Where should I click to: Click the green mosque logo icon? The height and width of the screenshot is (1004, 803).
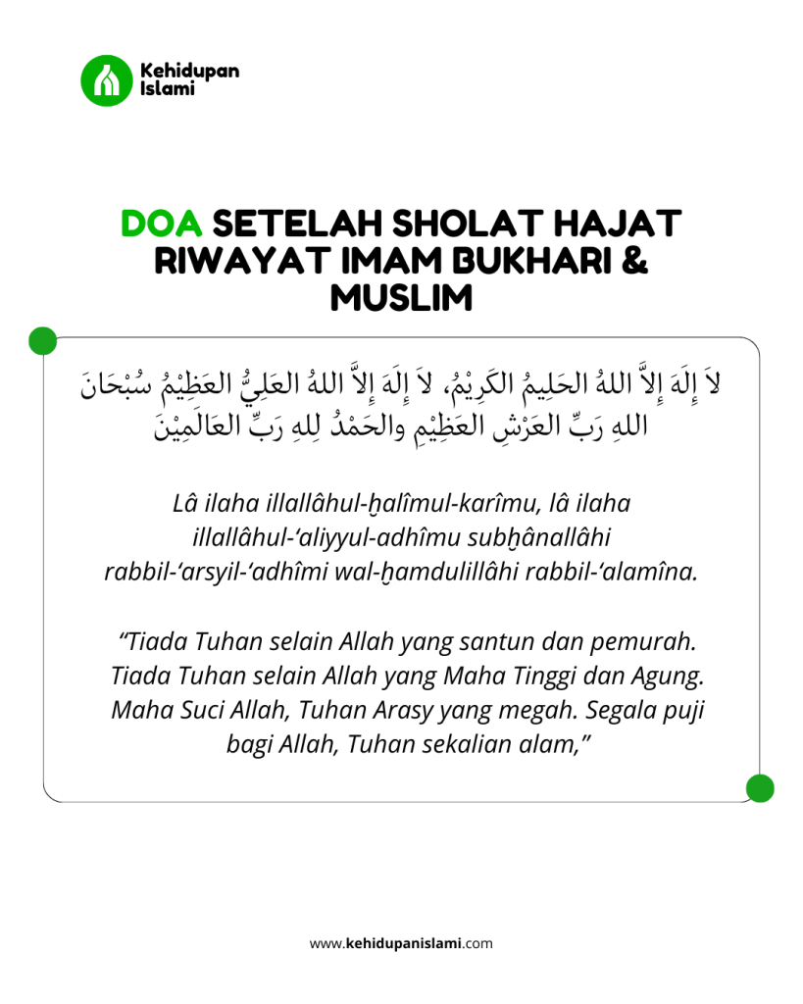coord(105,80)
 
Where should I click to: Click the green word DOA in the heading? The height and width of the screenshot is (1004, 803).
coord(161,224)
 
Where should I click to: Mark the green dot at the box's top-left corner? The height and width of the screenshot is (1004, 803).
coord(42,339)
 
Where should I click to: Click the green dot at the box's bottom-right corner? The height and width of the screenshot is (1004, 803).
coord(760,787)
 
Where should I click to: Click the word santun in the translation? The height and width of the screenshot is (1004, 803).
coord(516,642)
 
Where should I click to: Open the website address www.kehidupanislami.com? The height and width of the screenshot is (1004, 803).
coord(401,944)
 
